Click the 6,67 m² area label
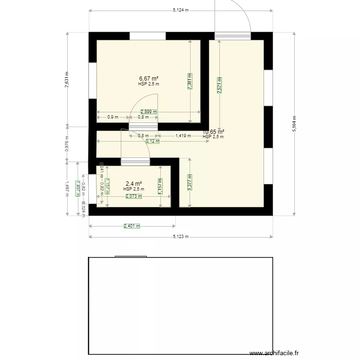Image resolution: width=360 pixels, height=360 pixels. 149,78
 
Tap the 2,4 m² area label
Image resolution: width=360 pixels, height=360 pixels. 133,184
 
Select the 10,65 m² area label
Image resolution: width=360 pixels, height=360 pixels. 214,132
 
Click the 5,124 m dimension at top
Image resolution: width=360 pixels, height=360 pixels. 180,10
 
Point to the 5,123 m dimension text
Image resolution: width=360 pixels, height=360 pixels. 180,237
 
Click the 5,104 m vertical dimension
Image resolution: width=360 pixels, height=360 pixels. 294,123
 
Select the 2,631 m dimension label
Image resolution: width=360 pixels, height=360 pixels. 67,79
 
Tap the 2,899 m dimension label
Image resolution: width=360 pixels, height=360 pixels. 148,112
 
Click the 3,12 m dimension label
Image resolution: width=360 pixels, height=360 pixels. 153,141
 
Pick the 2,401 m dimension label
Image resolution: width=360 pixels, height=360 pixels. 132,226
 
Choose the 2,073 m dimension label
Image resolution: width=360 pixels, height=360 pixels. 134,196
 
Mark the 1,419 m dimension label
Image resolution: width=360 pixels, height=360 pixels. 183,136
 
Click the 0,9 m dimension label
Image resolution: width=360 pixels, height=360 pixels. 112,117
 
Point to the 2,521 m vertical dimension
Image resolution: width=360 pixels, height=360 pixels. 219,85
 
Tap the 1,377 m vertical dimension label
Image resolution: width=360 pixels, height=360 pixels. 190,182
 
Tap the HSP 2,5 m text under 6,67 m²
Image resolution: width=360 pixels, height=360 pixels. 148,84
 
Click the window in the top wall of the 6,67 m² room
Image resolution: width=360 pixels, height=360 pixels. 148,36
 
